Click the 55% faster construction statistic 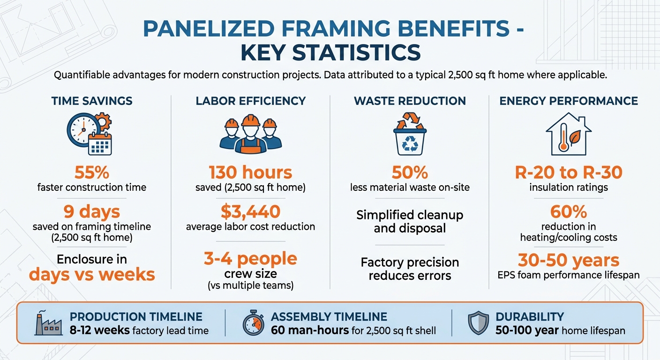92,172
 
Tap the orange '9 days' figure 92,211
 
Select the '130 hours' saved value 250,172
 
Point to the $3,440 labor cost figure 250,211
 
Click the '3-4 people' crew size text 250,258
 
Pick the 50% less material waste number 410,172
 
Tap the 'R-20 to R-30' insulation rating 569,172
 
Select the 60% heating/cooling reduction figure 569,211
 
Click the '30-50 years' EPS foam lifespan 569,260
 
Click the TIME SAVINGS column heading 92,101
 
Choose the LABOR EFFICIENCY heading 250,101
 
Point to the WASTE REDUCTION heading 410,101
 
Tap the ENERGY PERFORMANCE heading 569,101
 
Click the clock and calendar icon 90,134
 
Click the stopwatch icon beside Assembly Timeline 254,323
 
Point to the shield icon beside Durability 478,323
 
